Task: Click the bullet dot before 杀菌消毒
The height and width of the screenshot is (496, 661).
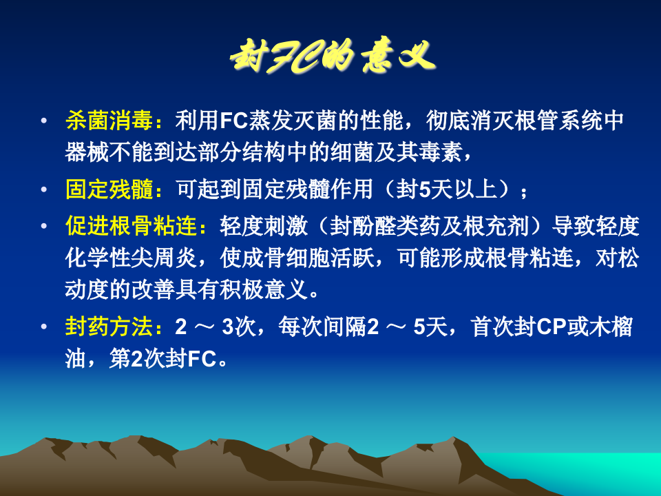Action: pyautogui.click(x=45, y=121)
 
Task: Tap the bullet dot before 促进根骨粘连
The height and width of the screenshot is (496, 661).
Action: pyautogui.click(x=45, y=225)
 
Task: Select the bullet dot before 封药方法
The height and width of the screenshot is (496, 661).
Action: pyautogui.click(x=45, y=327)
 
